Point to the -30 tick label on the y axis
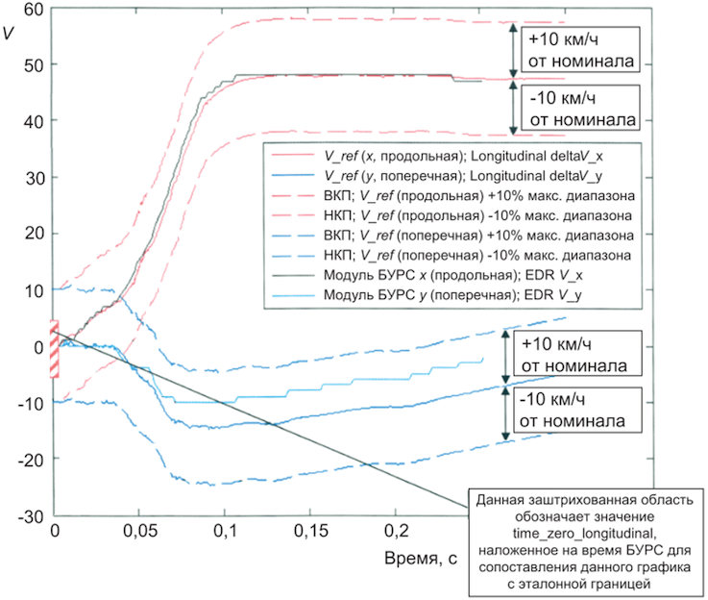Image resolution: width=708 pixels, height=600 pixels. coord(31,516)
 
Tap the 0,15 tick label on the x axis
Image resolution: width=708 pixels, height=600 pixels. coord(310,531)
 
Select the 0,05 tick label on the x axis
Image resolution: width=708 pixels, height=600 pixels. coord(140,531)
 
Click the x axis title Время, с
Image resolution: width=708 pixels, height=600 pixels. coord(421,559)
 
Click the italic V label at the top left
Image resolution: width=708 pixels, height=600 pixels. coord(8,33)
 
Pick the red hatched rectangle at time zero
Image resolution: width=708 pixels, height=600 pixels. coord(54,348)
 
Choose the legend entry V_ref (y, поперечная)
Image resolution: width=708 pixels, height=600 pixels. coord(437,176)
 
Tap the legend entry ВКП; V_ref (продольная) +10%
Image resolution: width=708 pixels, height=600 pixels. coord(452,195)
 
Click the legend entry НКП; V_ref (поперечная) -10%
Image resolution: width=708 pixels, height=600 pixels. coord(452,255)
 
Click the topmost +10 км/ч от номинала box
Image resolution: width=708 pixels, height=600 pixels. coord(580,49)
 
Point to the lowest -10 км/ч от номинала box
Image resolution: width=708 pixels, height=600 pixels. coord(577,410)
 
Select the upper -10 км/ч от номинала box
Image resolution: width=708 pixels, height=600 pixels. coord(580,108)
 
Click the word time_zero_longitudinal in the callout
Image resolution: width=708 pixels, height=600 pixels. coord(583,534)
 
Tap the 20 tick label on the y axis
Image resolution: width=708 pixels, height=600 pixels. coord(35,234)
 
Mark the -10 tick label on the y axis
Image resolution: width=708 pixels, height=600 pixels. coord(31,403)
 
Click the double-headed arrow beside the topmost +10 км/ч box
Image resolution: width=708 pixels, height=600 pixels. coord(513,50)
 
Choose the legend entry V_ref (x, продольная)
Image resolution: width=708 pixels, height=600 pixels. coord(437,156)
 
